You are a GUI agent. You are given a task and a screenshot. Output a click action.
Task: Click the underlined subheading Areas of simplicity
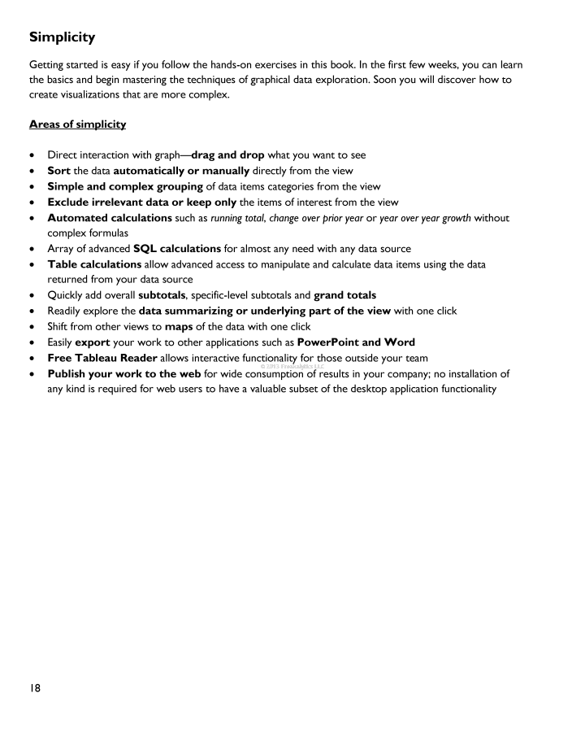[x=78, y=124]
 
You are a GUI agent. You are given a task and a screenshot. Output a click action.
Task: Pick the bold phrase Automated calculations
[x=110, y=217]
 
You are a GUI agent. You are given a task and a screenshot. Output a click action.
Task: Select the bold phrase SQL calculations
[x=184, y=248]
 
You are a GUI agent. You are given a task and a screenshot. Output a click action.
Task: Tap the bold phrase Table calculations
[x=94, y=264]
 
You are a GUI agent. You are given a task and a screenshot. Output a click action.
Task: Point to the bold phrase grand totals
[x=344, y=294]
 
